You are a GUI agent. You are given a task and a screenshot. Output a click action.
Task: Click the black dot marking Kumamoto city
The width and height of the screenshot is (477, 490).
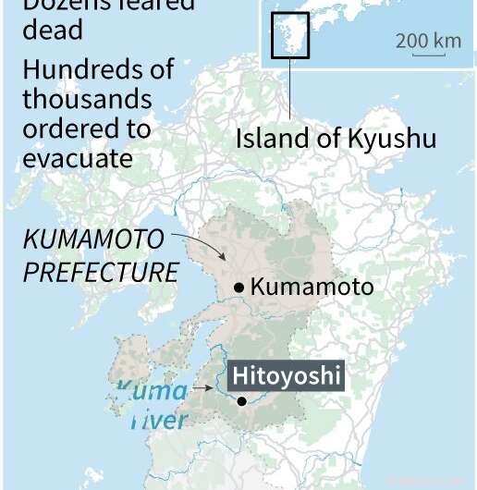click(239, 288)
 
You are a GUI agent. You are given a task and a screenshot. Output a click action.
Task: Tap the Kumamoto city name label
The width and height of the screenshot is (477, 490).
click(312, 288)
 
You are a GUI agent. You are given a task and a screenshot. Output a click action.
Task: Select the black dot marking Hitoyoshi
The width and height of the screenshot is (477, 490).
click(241, 400)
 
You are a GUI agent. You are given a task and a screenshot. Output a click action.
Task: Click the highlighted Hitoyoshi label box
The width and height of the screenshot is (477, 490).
click(286, 376)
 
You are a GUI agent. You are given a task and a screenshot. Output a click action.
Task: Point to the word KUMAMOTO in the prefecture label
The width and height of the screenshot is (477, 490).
click(92, 239)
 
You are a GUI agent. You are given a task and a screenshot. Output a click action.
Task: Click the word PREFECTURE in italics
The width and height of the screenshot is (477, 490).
click(101, 272)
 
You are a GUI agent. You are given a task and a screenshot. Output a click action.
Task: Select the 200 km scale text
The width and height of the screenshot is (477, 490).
click(428, 41)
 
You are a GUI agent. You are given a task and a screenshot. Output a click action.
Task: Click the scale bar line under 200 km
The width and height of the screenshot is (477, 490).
click(428, 55)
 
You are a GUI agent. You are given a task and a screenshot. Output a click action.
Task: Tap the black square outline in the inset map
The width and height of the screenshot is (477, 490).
click(289, 35)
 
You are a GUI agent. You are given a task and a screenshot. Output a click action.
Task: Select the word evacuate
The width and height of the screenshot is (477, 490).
click(78, 158)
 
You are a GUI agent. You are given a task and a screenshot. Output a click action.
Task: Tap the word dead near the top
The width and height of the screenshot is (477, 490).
click(53, 30)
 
